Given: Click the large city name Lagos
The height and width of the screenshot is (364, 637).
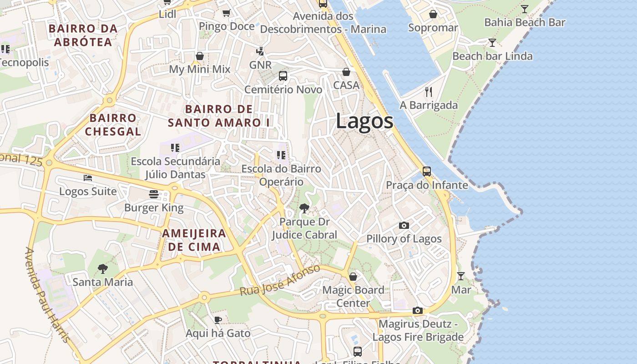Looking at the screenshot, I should pyautogui.click(x=364, y=121).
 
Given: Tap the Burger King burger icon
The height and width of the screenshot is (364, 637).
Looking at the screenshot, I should pyautogui.click(x=154, y=194).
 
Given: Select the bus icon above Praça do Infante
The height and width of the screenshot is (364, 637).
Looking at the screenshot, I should pyautogui.click(x=426, y=172).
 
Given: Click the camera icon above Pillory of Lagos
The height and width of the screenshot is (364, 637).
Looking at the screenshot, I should pyautogui.click(x=404, y=225).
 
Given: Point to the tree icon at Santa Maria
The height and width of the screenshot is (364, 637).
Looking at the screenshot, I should pyautogui.click(x=103, y=268).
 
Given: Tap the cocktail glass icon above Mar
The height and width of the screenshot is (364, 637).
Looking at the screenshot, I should pyautogui.click(x=461, y=276).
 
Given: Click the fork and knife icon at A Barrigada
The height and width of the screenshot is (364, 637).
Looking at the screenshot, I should pyautogui.click(x=429, y=92).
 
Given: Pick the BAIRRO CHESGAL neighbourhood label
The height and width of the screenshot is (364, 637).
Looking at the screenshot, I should pyautogui.click(x=113, y=125).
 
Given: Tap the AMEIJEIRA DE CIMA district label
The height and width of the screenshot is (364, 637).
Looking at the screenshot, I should pyautogui.click(x=194, y=240).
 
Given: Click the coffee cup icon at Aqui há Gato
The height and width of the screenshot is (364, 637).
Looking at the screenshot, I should pyautogui.click(x=218, y=320).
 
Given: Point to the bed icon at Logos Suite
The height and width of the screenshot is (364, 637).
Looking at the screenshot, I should pyautogui.click(x=88, y=178).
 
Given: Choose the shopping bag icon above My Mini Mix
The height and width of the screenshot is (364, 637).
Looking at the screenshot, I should pyautogui.click(x=199, y=56).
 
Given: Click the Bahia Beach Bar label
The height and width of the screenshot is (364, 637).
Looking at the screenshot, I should pyautogui.click(x=524, y=22).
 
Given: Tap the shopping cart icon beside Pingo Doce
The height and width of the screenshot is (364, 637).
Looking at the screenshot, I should pyautogui.click(x=226, y=13).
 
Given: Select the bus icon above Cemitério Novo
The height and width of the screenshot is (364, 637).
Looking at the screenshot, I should pyautogui.click(x=283, y=76).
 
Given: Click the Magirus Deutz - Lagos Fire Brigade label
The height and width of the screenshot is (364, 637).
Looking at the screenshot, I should pyautogui.click(x=418, y=331).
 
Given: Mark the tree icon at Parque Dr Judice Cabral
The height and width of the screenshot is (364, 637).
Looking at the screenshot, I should pyautogui.click(x=304, y=208).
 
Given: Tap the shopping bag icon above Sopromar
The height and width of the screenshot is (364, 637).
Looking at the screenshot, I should pyautogui.click(x=433, y=14).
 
